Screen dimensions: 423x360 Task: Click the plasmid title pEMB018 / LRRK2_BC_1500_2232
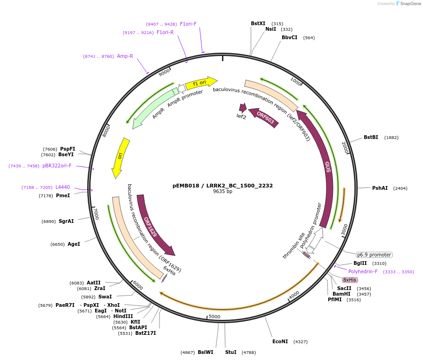(x=222, y=185)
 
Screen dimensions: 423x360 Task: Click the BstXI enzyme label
(x=258, y=23)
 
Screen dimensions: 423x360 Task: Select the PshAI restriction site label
(x=380, y=188)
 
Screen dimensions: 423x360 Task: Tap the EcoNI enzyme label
(x=280, y=341)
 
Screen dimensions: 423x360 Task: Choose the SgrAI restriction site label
(x=66, y=221)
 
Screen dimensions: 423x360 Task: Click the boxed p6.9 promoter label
(x=374, y=255)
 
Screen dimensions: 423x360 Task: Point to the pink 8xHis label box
(x=349, y=280)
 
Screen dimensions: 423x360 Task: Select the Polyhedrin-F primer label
(x=363, y=271)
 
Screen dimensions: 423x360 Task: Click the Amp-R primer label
(x=125, y=56)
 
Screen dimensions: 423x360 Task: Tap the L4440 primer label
(x=62, y=187)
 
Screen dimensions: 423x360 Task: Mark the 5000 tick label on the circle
(x=214, y=317)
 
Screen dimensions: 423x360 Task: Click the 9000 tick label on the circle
(x=165, y=73)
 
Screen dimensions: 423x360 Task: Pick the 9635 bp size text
(x=222, y=191)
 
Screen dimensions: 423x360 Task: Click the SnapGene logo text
(x=409, y=4)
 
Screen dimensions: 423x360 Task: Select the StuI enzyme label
(x=231, y=352)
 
